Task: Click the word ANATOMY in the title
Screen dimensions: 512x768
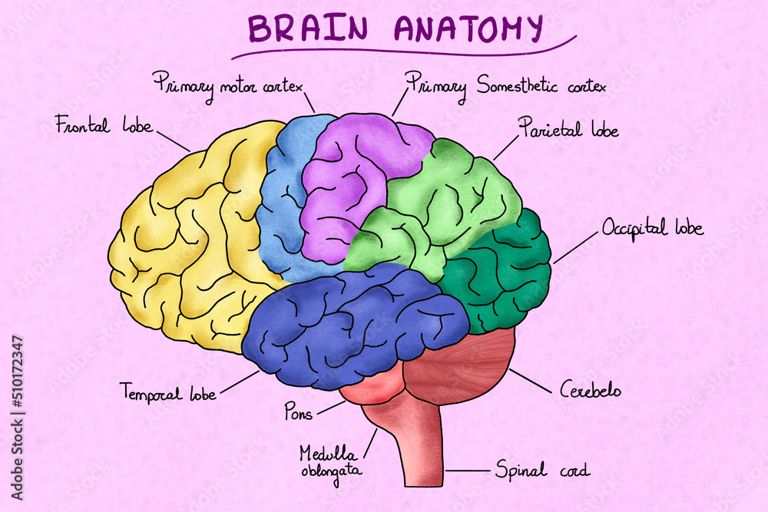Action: point(468,28)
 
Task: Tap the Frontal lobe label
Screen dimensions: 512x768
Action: point(104,125)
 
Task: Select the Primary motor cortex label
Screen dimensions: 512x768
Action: point(228,82)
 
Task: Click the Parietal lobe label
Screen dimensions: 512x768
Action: point(568,127)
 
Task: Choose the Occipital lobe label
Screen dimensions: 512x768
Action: point(652,228)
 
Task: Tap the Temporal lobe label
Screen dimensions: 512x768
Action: point(168,393)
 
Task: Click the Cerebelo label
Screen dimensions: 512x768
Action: point(590,390)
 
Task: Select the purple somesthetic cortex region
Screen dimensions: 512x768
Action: point(346,184)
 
